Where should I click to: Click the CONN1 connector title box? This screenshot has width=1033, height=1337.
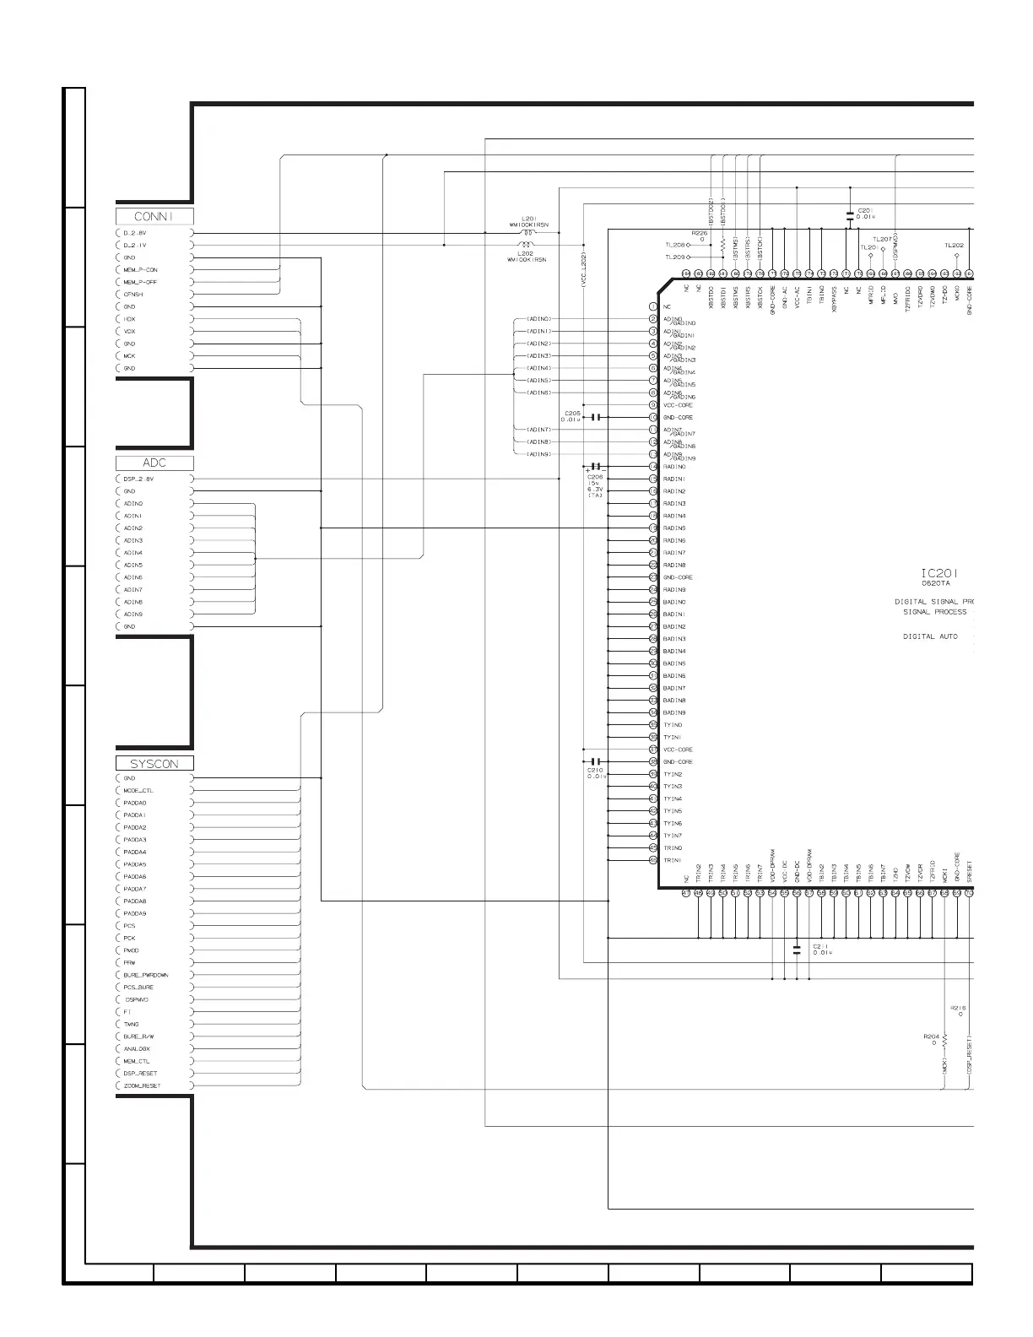pos(154,216)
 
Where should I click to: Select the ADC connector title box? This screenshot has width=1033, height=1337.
pos(154,463)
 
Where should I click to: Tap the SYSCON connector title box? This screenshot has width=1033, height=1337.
pos(154,763)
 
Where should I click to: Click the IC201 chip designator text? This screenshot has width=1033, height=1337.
pos(939,572)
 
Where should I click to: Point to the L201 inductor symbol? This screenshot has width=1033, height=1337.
pos(528,233)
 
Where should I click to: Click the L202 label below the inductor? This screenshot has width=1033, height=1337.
pos(525,253)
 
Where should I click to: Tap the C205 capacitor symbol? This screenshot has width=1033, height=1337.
pos(596,417)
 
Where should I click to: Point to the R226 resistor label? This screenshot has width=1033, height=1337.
pos(700,232)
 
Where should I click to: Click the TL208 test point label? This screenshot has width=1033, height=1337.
pos(673,245)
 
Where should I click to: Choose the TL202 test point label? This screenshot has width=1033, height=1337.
pos(954,246)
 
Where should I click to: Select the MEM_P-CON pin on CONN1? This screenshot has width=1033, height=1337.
pos(140,270)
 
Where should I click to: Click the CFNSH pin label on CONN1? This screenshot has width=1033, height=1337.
pos(133,295)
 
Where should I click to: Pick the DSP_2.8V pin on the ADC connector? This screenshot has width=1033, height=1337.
pos(138,479)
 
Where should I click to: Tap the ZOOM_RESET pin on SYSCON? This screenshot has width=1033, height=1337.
pos(142,1085)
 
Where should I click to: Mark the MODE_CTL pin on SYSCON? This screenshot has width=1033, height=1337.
pos(138,791)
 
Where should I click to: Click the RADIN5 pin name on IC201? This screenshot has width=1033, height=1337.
pos(674,528)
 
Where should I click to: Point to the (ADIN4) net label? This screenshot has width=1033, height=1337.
pos(538,368)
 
